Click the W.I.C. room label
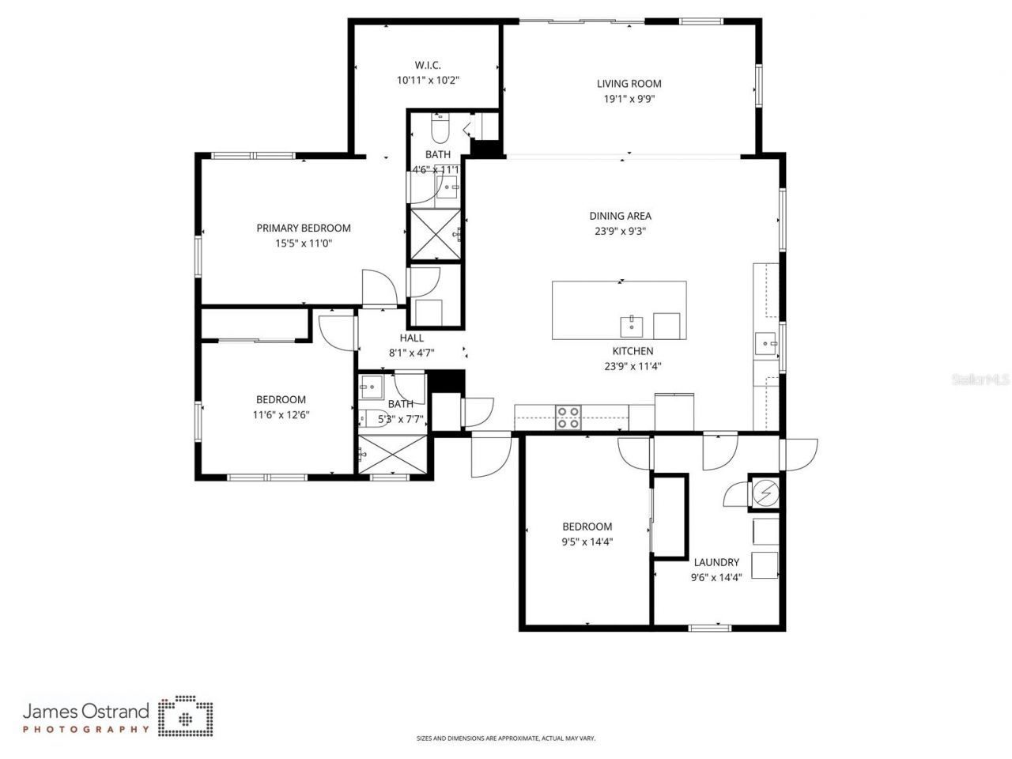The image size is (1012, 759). click(428, 65)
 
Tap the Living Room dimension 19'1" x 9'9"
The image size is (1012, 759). click(629, 100)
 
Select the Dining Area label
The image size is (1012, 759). click(621, 216)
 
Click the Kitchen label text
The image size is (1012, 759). click(632, 351)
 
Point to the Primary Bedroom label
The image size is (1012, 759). click(304, 228)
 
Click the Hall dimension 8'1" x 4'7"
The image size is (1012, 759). click(411, 353)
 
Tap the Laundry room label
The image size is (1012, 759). click(716, 562)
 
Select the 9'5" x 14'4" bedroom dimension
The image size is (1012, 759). click(587, 542)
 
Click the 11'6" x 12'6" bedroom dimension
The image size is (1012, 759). click(281, 414)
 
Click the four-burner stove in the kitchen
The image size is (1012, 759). click(568, 417)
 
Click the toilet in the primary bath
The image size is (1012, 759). click(440, 126)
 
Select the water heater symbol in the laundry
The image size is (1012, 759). click(764, 493)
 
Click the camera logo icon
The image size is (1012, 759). click(186, 716)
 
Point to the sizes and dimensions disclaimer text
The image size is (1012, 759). click(506, 738)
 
